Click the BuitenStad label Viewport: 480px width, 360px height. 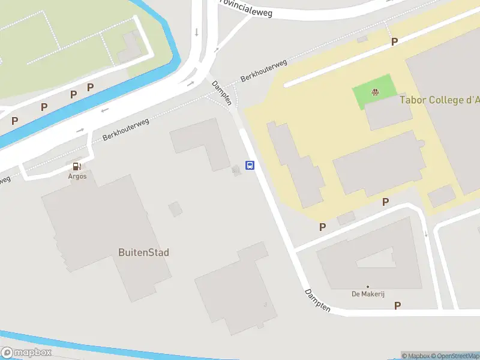pyautogui.click(x=143, y=253)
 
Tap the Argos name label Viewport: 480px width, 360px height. pyautogui.click(x=77, y=176)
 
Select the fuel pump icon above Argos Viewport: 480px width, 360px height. pyautogui.click(x=77, y=166)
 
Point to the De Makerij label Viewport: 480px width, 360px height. pyautogui.click(x=368, y=294)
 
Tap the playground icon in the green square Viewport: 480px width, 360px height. pyautogui.click(x=375, y=92)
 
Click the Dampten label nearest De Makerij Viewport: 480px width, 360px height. pyautogui.click(x=317, y=301)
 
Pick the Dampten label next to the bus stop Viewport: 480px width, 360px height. pyautogui.click(x=221, y=93)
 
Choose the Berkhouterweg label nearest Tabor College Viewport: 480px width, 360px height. pyautogui.click(x=263, y=71)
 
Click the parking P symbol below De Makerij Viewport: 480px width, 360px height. pyautogui.click(x=397, y=305)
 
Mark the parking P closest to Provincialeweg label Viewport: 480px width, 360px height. pyautogui.click(x=394, y=41)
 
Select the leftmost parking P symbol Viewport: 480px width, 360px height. pyautogui.click(x=14, y=121)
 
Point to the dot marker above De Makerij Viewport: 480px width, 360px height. pyautogui.click(x=368, y=287)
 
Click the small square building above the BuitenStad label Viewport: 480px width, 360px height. pyautogui.click(x=175, y=209)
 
